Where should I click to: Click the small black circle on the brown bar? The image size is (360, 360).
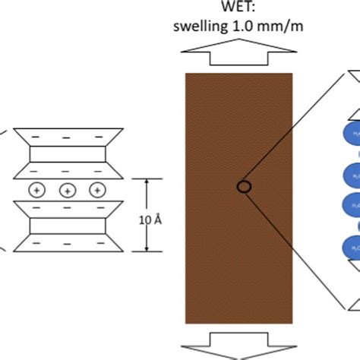(x=243, y=187)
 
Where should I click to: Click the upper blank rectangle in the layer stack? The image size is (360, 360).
(x=66, y=153)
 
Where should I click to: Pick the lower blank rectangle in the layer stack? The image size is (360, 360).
(x=66, y=226)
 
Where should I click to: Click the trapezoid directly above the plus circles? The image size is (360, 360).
(x=66, y=169)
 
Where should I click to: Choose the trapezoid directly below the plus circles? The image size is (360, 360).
(x=66, y=209)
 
